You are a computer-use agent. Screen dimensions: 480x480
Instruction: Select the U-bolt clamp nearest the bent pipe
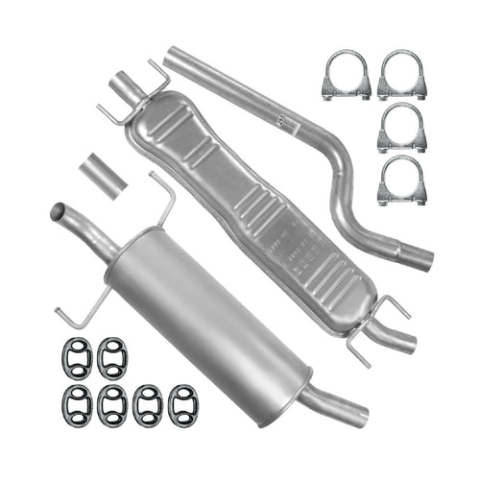point(346,77)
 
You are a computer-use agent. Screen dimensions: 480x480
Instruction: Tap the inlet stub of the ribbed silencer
point(126,88)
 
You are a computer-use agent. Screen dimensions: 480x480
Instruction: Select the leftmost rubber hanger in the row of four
point(78,404)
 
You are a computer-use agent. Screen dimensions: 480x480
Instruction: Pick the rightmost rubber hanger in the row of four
point(181,404)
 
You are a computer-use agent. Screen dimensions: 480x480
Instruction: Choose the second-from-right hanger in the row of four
point(147,404)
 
